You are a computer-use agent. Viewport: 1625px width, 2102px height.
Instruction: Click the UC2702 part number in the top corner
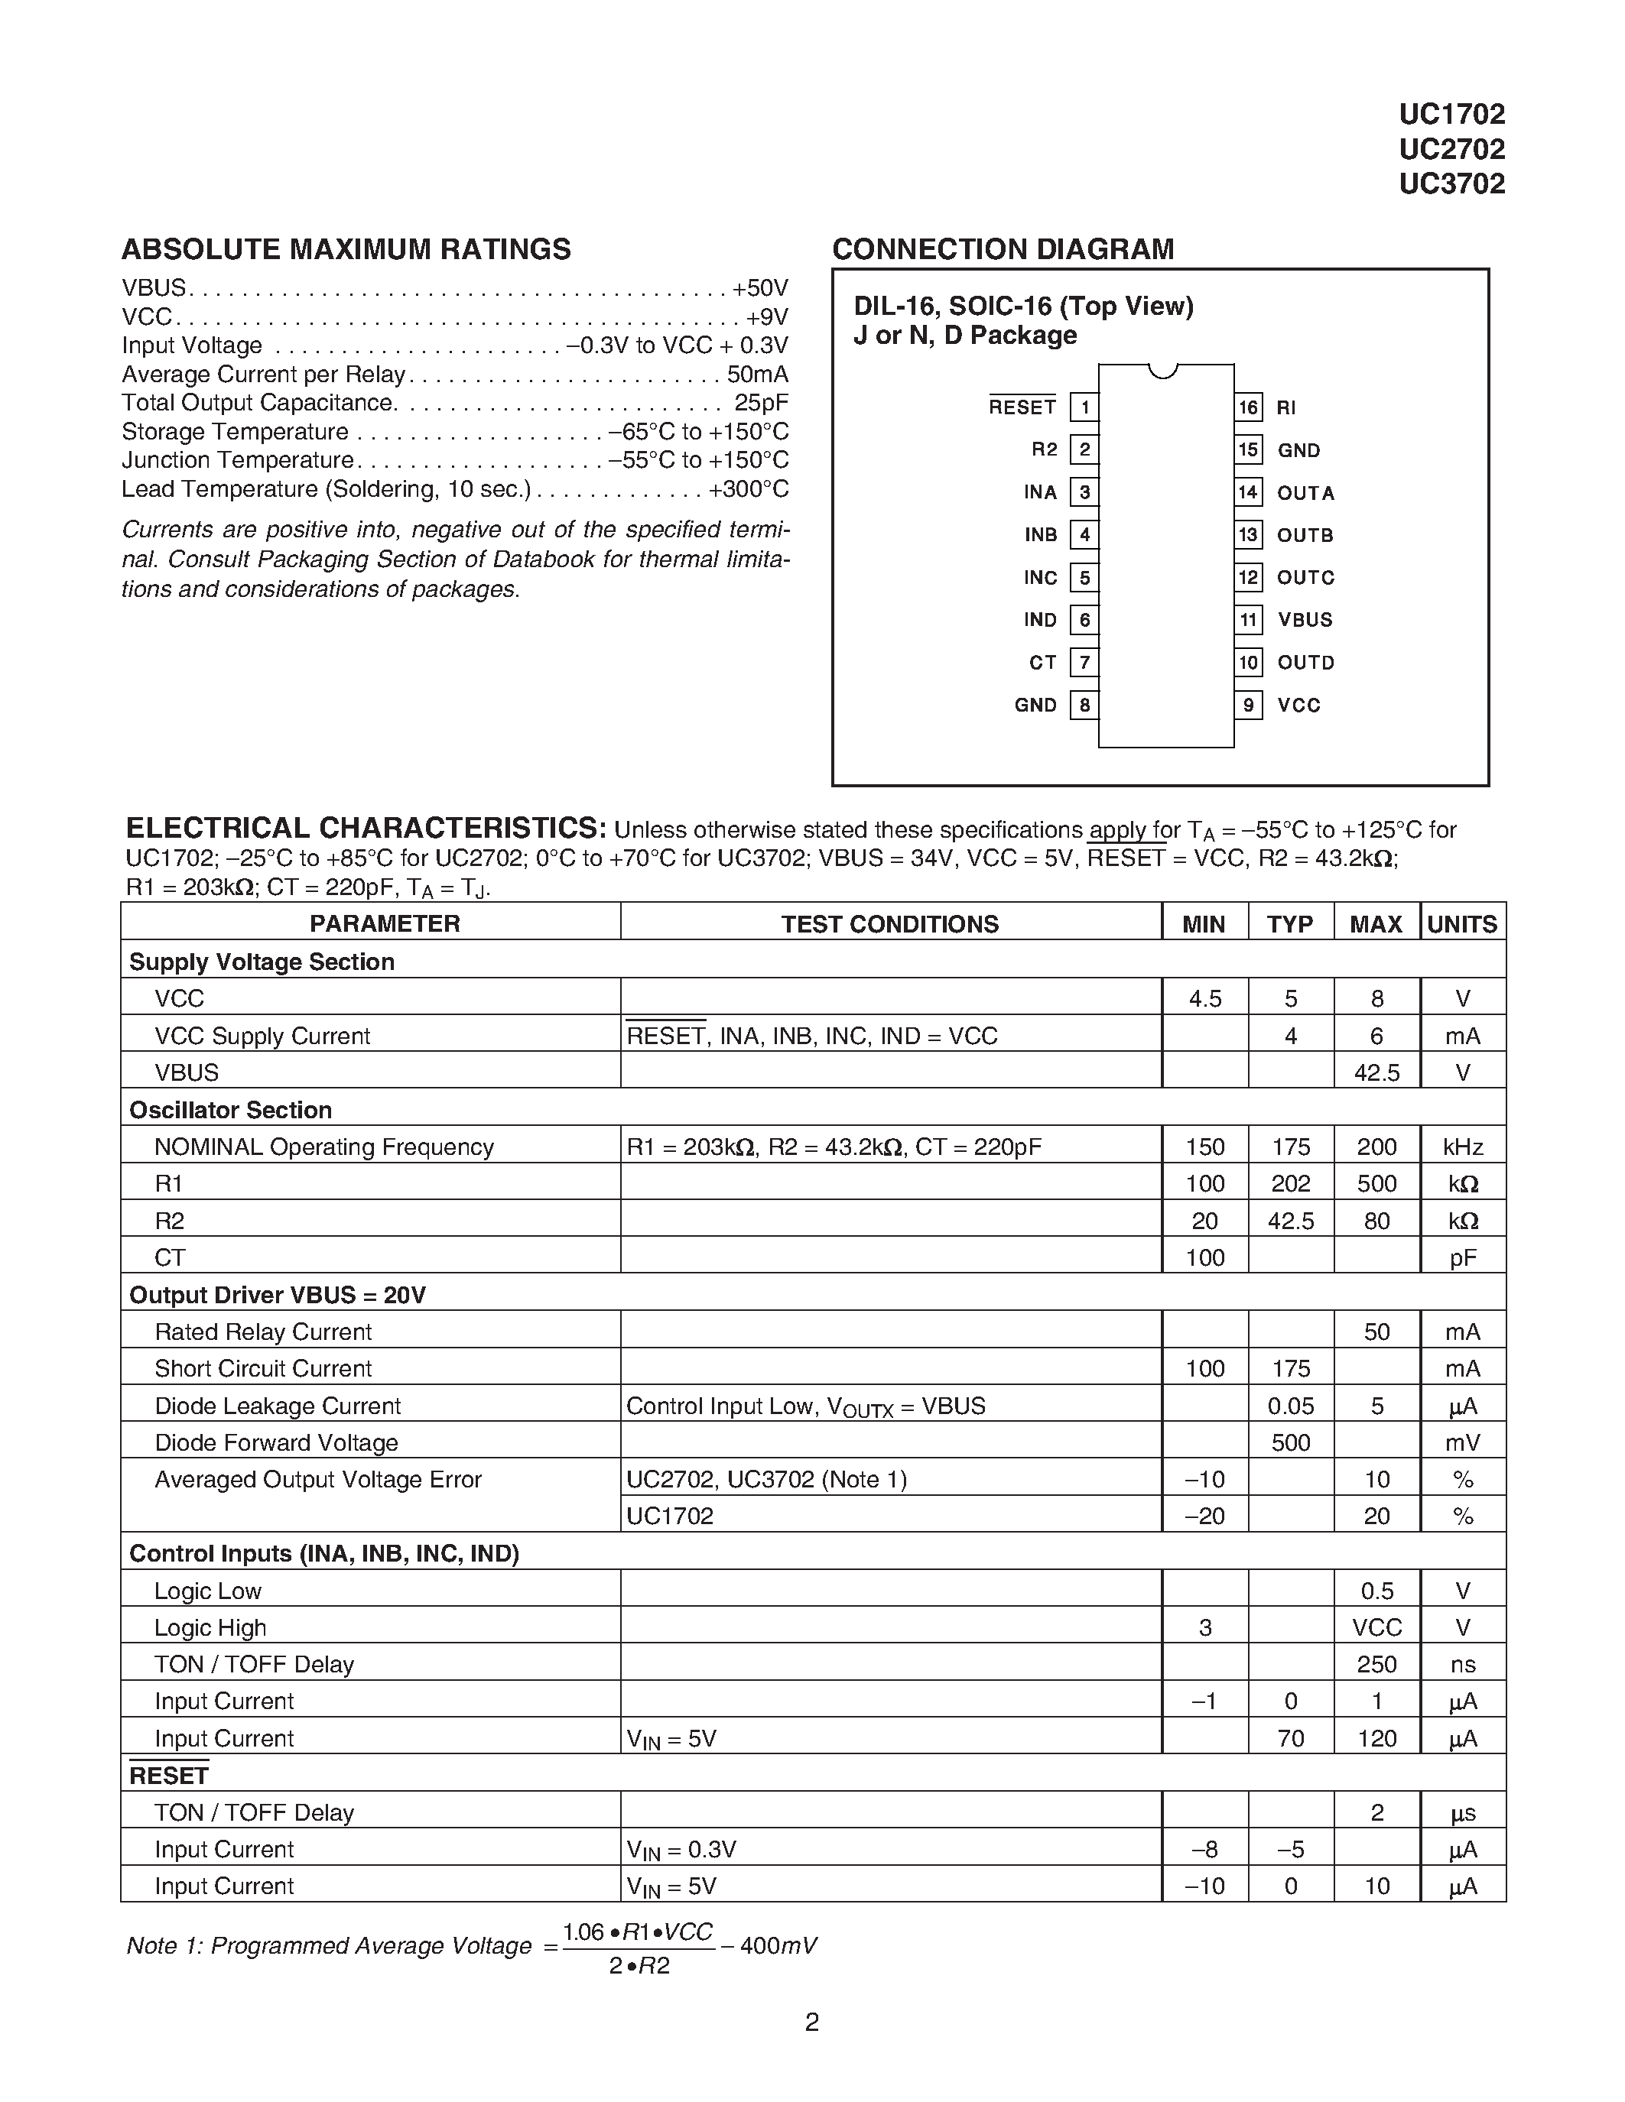click(1451, 149)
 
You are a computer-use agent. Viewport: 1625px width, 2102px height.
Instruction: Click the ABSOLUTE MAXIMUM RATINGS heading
click(346, 249)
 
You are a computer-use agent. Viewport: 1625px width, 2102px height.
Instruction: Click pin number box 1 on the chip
click(1084, 407)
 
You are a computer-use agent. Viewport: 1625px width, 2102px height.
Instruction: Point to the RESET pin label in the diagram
click(1022, 407)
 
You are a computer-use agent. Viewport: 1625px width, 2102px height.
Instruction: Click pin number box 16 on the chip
click(1248, 407)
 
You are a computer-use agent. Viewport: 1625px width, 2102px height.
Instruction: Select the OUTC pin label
click(1305, 577)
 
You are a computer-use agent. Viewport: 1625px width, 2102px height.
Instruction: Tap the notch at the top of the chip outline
click(1163, 371)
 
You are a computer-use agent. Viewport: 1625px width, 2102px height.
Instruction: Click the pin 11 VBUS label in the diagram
click(1305, 620)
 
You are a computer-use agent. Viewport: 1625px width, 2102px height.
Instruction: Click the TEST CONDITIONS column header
click(889, 924)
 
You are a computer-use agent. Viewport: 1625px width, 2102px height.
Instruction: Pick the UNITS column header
click(1461, 924)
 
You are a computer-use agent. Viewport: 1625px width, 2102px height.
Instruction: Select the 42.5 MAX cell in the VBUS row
click(1376, 1072)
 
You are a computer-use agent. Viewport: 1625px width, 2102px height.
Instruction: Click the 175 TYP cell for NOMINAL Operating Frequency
click(1290, 1147)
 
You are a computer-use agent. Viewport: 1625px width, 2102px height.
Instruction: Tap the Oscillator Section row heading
click(230, 1110)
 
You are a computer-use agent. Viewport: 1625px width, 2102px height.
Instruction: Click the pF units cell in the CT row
click(1461, 1258)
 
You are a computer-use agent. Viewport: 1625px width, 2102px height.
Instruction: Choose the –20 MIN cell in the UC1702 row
click(1204, 1516)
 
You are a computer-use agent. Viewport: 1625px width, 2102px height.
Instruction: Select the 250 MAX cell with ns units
click(1376, 1664)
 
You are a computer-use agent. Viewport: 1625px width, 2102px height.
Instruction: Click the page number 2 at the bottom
click(811, 2021)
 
